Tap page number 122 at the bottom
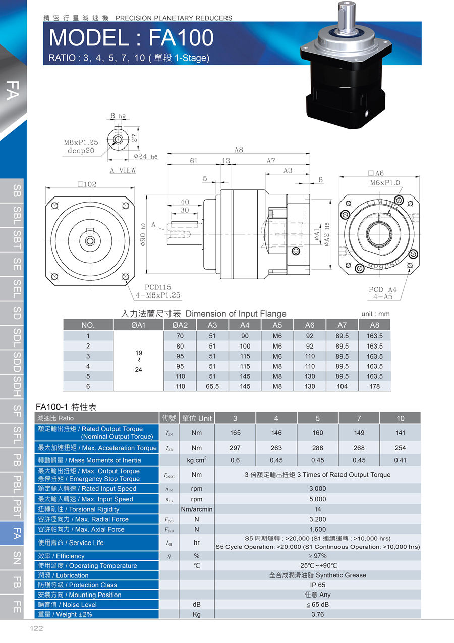click(x=36, y=628)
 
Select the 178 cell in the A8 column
click(x=374, y=386)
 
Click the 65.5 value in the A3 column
click(x=212, y=386)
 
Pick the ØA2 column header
click(x=180, y=325)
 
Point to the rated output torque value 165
click(x=235, y=433)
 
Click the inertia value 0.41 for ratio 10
click(x=400, y=460)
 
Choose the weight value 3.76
click(x=318, y=614)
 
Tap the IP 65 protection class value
click(x=318, y=585)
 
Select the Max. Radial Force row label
click(x=83, y=519)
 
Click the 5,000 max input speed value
click(x=318, y=499)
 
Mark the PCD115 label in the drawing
click(x=158, y=287)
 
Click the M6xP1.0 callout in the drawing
click(x=385, y=183)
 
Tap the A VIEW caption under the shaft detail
click(x=123, y=170)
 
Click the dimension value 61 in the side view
click(x=194, y=161)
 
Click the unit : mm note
click(x=375, y=314)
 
